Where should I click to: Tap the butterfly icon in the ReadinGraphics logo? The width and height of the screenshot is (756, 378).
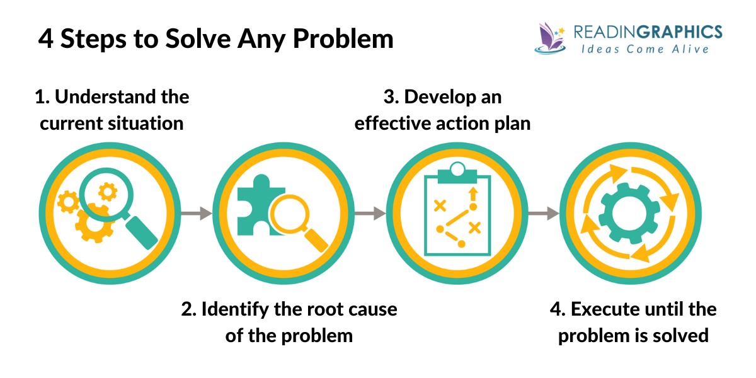pos(549,37)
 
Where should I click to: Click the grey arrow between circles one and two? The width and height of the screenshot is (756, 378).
pos(196,214)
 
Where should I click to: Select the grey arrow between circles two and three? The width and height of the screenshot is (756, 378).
pos(370,214)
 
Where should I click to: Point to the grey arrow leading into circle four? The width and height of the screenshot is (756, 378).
pos(543,214)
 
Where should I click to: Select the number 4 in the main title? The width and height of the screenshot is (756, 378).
pos(45,39)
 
